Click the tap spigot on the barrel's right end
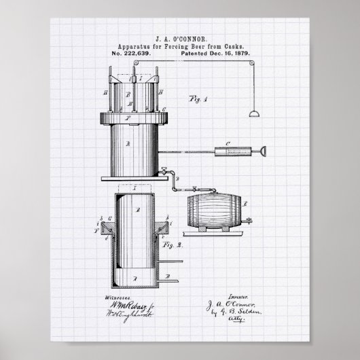tap(249, 218)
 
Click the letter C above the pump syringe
tap(229, 143)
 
